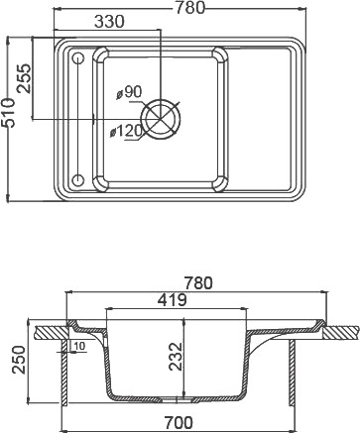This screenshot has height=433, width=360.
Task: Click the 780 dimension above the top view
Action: [x=189, y=8]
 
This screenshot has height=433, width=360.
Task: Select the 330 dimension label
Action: [x=109, y=22]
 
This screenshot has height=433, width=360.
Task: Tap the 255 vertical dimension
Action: [x=24, y=78]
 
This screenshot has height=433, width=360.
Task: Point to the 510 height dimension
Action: [x=8, y=113]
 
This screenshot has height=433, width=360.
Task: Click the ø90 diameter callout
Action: [x=129, y=92]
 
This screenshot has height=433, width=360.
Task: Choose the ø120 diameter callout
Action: [x=126, y=132]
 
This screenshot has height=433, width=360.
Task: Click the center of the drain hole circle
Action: [x=161, y=119]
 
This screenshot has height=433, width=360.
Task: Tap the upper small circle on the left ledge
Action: [x=78, y=58]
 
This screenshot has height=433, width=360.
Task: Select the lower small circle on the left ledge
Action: [x=78, y=179]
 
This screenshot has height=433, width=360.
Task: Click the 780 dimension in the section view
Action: [x=198, y=283]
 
